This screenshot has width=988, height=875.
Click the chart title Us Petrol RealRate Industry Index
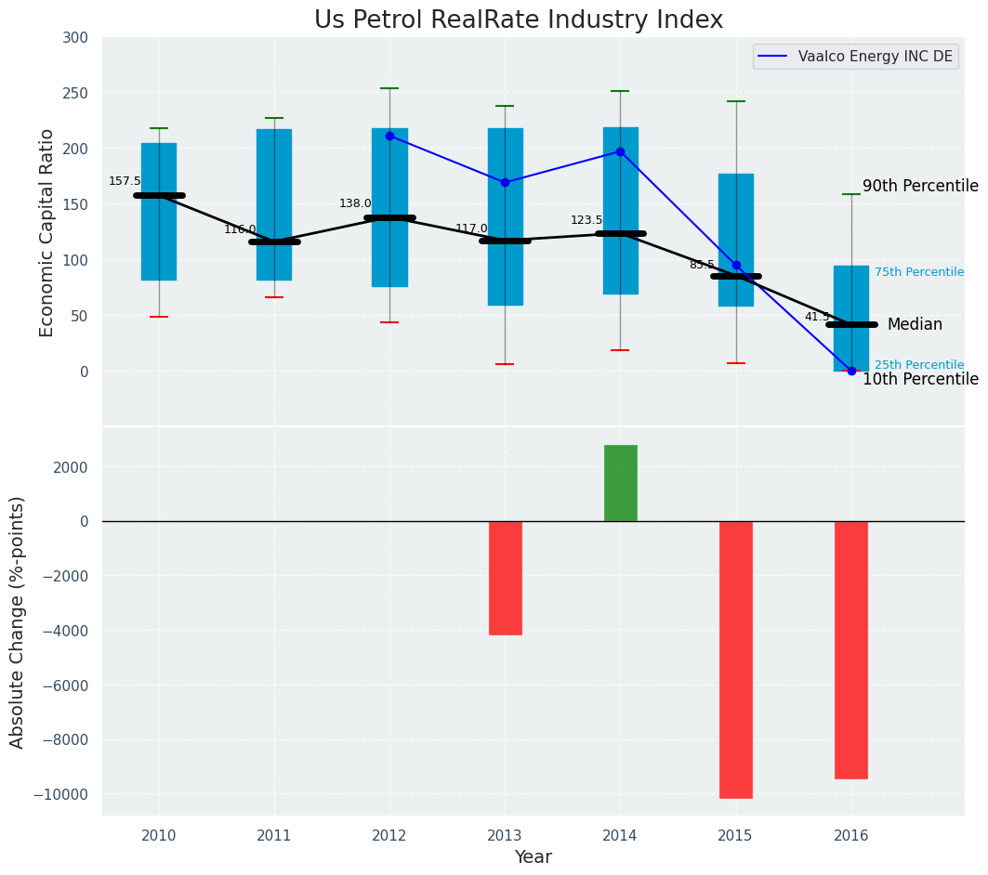[x=518, y=20]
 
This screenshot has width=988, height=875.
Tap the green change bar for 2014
[x=620, y=483]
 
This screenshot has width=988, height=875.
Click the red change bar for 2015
[x=735, y=660]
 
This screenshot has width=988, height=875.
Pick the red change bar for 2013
[x=505, y=578]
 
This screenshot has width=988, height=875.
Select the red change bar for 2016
[x=850, y=649]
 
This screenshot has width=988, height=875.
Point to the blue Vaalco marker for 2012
[x=389, y=136]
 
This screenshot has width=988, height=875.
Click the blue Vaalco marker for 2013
[x=505, y=182]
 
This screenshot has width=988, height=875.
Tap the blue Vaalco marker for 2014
[x=620, y=151]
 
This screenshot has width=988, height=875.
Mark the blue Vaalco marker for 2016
[x=851, y=371]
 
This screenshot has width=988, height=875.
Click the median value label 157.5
[x=125, y=181]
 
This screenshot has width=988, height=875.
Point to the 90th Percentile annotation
[x=920, y=186]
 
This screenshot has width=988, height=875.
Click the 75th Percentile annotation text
[x=918, y=272]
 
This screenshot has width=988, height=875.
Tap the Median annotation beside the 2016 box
[x=915, y=324]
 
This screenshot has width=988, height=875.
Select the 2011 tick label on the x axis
[x=274, y=835]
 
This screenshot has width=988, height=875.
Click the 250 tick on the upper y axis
[x=75, y=93]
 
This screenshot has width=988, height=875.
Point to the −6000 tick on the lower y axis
[x=61, y=686]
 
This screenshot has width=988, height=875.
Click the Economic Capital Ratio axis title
[x=47, y=233]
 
